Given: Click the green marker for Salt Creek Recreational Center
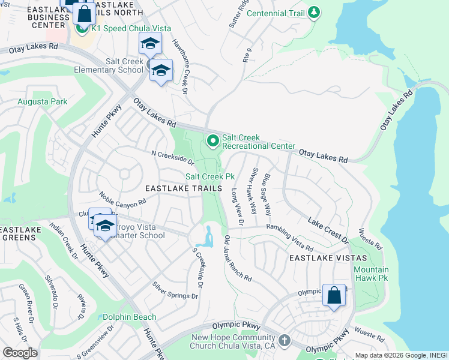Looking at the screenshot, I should click(212, 142).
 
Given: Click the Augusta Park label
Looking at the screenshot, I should click(43, 102).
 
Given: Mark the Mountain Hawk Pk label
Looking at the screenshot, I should click(371, 274).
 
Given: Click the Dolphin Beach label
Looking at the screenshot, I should click(129, 317).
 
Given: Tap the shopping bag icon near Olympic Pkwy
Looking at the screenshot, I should click(334, 295).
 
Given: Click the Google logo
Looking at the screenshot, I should click(20, 353).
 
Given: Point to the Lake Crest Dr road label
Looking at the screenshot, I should click(328, 230).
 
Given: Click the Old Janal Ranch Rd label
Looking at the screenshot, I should click(237, 259).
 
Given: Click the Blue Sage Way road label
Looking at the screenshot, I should click(267, 194).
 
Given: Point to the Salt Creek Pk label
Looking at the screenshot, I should click(209, 176).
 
